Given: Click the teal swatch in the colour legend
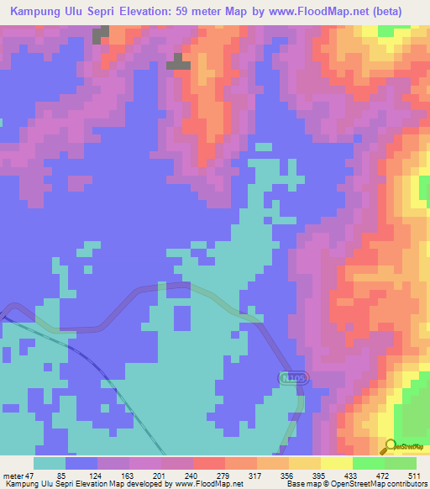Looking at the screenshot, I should tap(50, 464).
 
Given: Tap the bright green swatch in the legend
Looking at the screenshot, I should tap(369, 464).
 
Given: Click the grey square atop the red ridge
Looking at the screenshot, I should tap(177, 60).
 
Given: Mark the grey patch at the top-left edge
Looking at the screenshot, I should tap(101, 34).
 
